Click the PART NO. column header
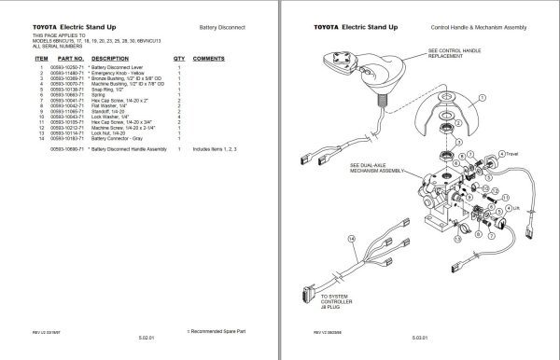(69, 58)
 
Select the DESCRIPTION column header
(111, 58)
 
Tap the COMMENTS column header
(209, 58)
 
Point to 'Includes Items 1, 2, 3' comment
(214, 149)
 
